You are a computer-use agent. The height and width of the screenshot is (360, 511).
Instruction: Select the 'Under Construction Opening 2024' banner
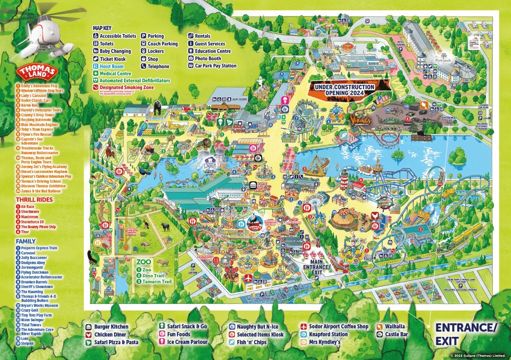pyautogui.click(x=344, y=90)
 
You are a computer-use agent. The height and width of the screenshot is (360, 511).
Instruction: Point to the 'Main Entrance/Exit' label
pyautogui.click(x=316, y=264)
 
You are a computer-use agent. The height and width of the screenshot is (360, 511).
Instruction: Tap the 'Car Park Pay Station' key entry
pyautogui.click(x=215, y=66)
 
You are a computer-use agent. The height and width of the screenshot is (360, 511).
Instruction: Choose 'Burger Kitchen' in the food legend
pyautogui.click(x=111, y=327)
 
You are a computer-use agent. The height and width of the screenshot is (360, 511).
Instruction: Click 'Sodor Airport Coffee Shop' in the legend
pyautogui.click(x=338, y=326)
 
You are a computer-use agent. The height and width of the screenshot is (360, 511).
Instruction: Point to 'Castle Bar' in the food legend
pyautogui.click(x=396, y=334)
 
